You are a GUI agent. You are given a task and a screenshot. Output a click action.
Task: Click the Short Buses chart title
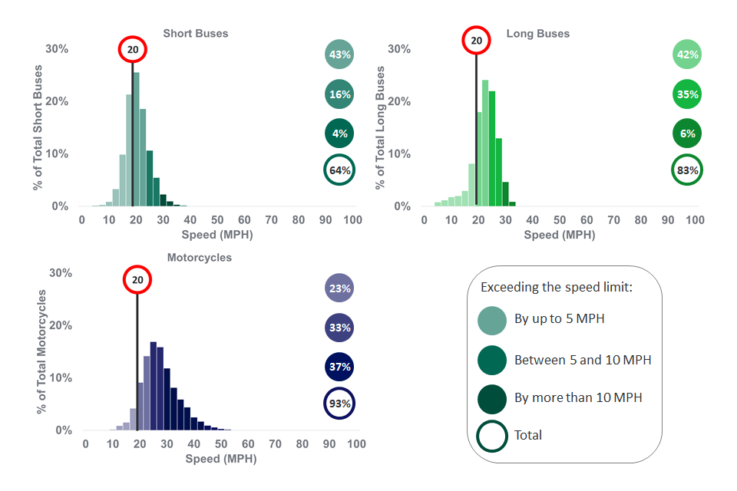click(195, 33)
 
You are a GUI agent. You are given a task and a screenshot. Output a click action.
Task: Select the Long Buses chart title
click(537, 33)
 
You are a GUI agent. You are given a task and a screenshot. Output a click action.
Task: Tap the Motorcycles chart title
click(199, 257)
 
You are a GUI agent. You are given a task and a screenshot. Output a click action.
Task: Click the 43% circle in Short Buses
click(339, 54)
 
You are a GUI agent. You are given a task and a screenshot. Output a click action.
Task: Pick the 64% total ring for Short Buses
click(339, 170)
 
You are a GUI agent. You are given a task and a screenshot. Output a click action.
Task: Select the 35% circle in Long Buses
click(687, 94)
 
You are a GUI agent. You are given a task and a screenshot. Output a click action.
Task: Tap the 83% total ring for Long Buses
click(687, 170)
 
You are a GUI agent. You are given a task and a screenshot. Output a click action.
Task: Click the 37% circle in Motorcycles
click(339, 367)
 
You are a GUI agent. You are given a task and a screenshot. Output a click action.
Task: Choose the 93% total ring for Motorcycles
click(339, 404)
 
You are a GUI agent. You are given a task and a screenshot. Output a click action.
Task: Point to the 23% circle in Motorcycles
click(339, 288)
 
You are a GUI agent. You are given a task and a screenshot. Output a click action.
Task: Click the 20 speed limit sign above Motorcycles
click(137, 280)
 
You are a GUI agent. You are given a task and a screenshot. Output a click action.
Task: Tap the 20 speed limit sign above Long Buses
click(476, 41)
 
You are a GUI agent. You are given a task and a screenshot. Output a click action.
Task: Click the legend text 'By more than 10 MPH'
click(578, 397)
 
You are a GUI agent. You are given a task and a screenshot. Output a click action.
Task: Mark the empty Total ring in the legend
click(492, 436)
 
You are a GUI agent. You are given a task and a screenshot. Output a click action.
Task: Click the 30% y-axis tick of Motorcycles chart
click(60, 273)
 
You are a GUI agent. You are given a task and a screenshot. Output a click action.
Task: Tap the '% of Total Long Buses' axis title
click(378, 127)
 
